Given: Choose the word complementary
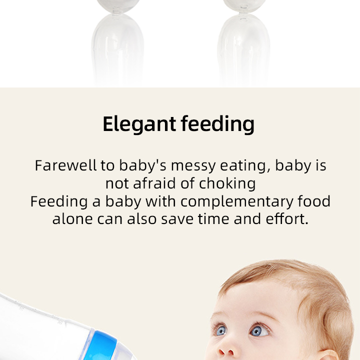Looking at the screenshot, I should [237, 202].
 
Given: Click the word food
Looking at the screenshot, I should [314, 201].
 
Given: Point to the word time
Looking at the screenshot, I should [219, 219].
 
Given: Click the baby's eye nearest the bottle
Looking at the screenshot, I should [219, 330].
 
